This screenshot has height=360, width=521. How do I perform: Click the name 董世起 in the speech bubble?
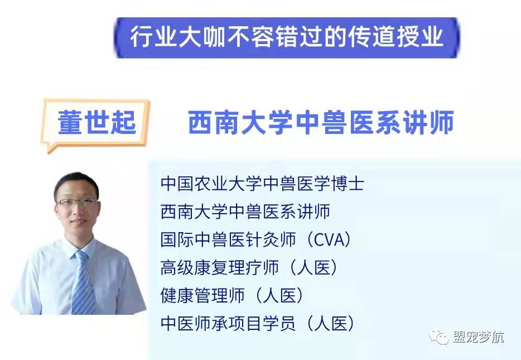coord(97,122)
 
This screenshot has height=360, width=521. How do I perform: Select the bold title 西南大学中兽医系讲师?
coord(321,122)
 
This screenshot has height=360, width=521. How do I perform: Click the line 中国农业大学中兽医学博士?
coord(263,184)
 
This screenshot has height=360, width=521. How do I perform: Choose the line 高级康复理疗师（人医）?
coord(249,267)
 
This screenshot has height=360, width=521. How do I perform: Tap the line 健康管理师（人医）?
coord(232,295)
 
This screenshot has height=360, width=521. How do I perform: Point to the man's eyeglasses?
coord(77,202)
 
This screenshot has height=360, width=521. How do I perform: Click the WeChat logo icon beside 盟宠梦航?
coord(438,337)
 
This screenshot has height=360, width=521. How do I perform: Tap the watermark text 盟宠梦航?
coord(478,337)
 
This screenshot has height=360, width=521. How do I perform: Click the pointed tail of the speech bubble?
coord(50,150)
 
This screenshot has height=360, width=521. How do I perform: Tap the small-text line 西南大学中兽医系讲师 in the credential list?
coord(245,212)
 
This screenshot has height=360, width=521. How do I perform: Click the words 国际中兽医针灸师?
coord(228,239)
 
